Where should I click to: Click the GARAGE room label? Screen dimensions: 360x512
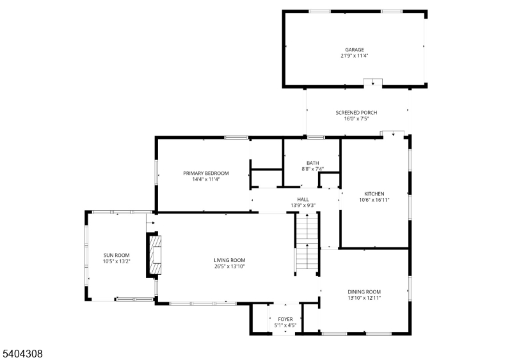click(x=354, y=49)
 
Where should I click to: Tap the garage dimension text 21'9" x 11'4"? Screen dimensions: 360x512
click(x=354, y=56)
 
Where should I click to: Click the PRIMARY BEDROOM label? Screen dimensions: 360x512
click(x=205, y=173)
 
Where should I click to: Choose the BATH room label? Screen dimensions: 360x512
click(x=312, y=163)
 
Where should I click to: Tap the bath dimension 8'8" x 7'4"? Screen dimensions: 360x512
click(x=312, y=169)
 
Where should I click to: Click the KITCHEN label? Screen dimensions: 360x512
click(x=374, y=193)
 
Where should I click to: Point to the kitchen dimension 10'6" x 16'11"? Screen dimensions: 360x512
click(x=374, y=200)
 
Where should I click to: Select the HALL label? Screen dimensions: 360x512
click(x=303, y=199)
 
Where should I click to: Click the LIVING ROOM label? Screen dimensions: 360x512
click(x=230, y=260)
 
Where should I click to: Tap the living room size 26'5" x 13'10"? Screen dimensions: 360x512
click(x=230, y=266)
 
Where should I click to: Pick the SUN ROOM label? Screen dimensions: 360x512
click(x=116, y=255)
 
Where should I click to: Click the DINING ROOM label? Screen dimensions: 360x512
click(x=364, y=291)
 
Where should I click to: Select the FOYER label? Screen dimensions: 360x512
click(x=285, y=319)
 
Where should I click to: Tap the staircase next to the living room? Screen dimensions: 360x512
click(x=307, y=243)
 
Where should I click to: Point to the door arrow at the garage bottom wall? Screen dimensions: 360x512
click(x=372, y=83)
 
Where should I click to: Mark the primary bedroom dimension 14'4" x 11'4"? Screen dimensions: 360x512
click(x=205, y=179)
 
